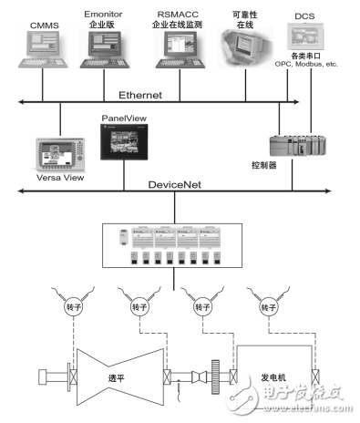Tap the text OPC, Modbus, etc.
[306, 65]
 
